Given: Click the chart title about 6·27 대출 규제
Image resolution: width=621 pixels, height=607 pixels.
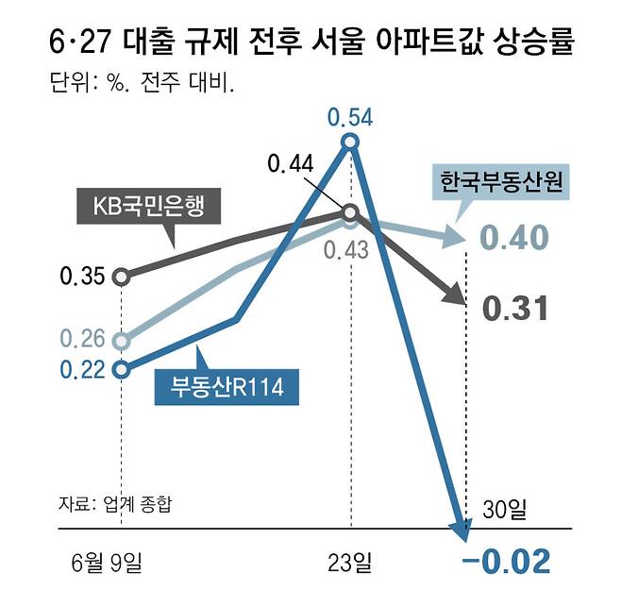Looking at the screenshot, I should (310, 43).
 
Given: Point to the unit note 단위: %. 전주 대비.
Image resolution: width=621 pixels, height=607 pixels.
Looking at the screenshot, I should (142, 84).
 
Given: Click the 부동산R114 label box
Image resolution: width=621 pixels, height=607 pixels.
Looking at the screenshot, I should (221, 386).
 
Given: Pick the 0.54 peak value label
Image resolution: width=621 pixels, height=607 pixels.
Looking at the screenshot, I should (350, 117).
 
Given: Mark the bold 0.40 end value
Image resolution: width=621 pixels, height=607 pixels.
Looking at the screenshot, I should (514, 239).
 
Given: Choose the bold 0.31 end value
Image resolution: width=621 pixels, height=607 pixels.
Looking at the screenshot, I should (515, 308).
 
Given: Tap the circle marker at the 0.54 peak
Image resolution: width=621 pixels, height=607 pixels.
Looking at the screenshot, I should (350, 143).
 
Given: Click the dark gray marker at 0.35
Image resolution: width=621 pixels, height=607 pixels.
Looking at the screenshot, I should (121, 277).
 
